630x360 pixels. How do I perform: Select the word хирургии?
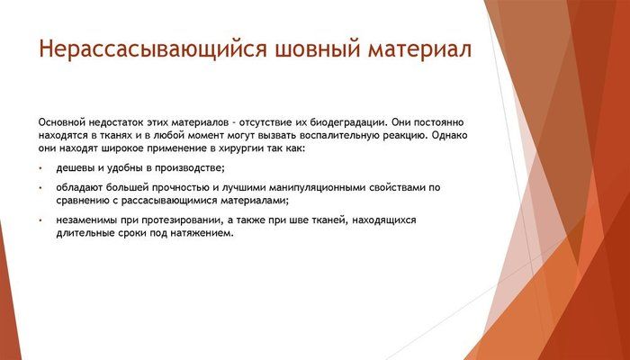(262, 150)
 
